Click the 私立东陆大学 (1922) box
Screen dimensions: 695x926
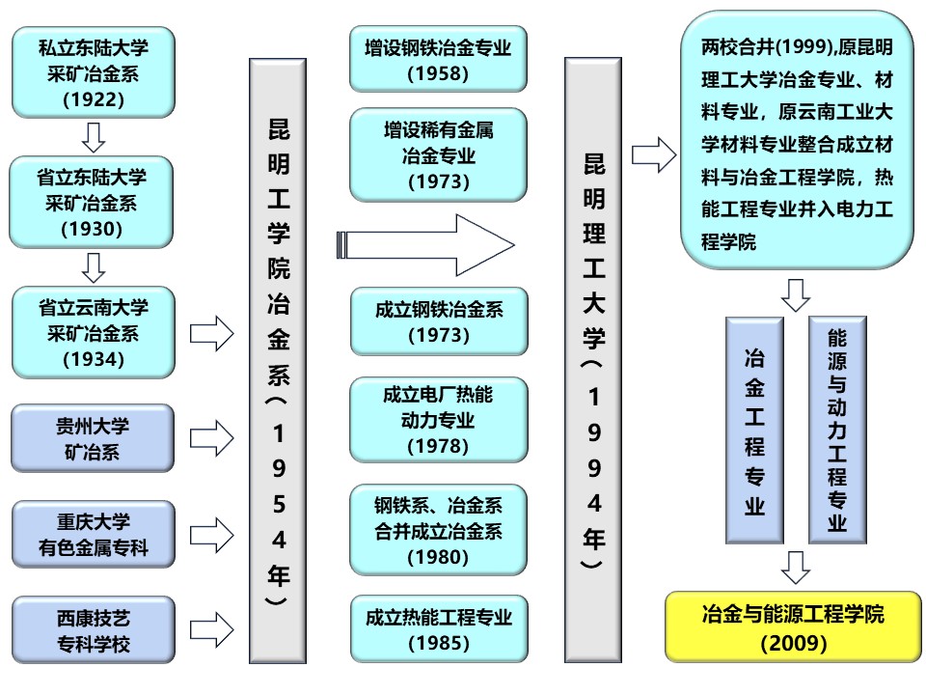coord(93,72)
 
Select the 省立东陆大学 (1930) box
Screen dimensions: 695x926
coord(93,204)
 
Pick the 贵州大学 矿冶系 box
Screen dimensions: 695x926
coord(93,438)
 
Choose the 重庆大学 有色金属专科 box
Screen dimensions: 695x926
coord(93,534)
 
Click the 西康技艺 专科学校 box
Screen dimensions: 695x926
coord(93,628)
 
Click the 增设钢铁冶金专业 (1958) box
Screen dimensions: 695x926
coord(438,59)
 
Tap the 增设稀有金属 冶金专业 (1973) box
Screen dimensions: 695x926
coord(438,154)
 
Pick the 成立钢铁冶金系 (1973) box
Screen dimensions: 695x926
coord(439,321)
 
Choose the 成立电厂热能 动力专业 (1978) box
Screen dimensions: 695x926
coord(439,420)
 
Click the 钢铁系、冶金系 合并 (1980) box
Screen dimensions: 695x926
coord(439,529)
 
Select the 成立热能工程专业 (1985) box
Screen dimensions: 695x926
coord(439,628)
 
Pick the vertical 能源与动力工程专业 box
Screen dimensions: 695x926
coord(836,431)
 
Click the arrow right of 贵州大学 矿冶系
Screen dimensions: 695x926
coord(211,438)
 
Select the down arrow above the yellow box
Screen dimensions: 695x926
coord(795,568)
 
